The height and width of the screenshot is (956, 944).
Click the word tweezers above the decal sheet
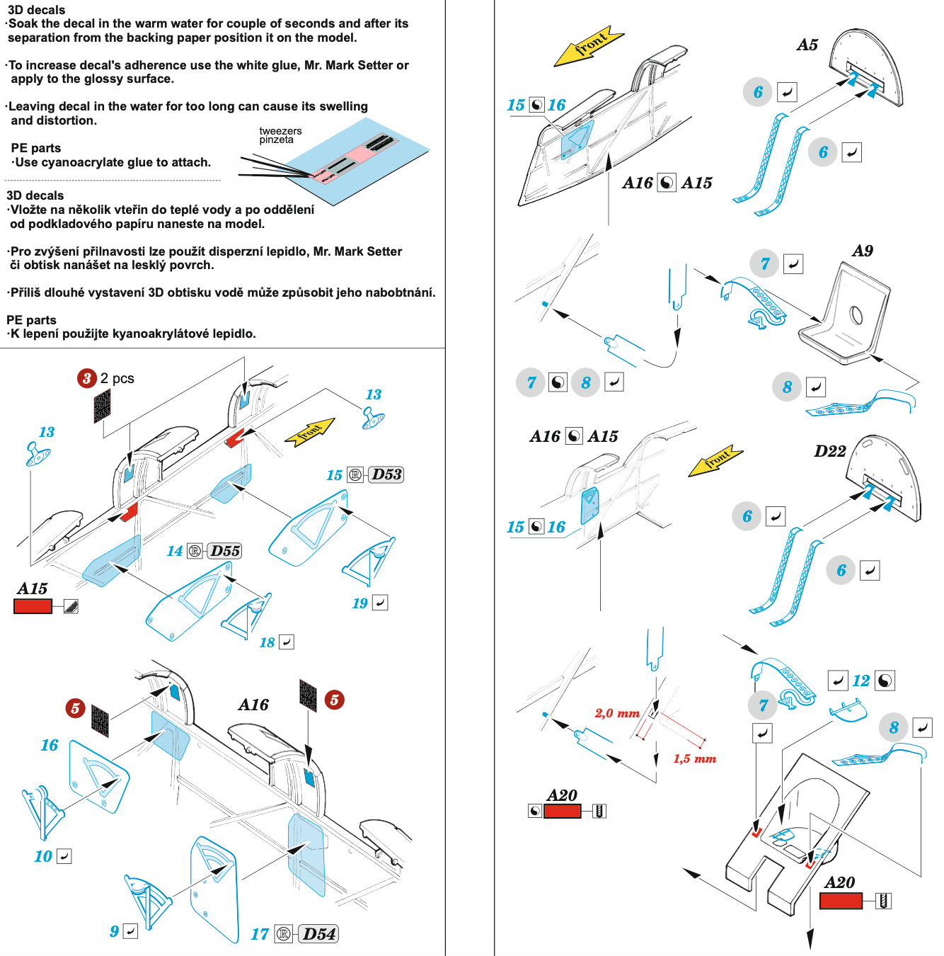point(280,131)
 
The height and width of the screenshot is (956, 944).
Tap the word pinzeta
point(276,140)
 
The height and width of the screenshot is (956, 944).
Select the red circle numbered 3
point(86,378)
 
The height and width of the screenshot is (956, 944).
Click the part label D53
point(386,474)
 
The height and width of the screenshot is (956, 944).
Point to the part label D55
point(225,551)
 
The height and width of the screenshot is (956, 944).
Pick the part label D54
point(318,934)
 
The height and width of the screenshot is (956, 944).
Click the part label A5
point(807,45)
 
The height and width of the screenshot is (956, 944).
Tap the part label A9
point(862,251)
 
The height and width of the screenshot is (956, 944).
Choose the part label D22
point(829,452)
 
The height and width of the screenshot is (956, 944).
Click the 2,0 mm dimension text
point(617,713)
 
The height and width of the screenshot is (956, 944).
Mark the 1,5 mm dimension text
point(694,759)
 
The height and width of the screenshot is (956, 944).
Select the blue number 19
point(359,603)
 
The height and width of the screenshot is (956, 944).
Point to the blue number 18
point(267,642)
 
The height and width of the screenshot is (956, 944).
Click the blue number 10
point(43,857)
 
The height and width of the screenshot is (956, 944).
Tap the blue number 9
point(114,931)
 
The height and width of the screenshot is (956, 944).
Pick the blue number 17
point(260,935)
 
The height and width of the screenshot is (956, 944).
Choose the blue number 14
point(174,551)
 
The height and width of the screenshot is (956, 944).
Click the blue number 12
point(860,681)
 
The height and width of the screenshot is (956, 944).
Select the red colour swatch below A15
point(33,606)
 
